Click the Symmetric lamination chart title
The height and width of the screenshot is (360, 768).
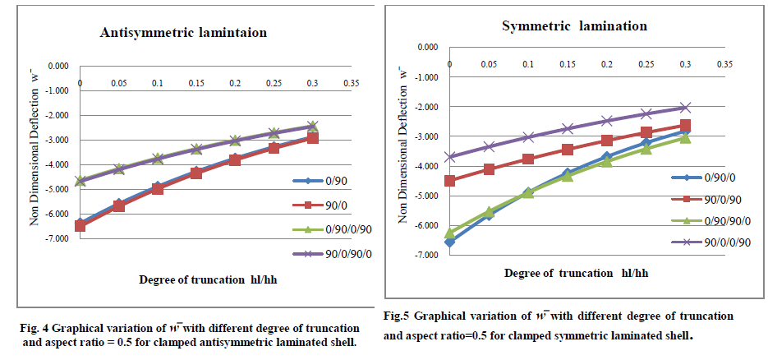[574, 25]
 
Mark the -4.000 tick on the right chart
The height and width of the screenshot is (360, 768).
[428, 166]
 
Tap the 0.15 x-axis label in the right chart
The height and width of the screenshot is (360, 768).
[567, 63]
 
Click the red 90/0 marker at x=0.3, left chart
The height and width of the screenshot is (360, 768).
[312, 138]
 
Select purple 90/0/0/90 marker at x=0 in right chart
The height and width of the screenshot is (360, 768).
[449, 156]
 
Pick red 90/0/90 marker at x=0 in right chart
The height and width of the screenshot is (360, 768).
[449, 181]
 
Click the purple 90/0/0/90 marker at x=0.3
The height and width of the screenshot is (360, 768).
[685, 108]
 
